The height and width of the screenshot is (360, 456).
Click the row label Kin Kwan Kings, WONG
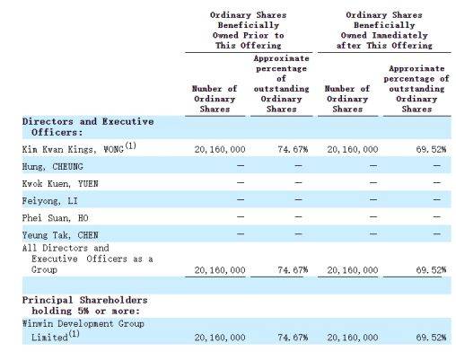(x=73, y=149)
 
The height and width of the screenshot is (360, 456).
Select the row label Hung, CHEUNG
(x=52, y=166)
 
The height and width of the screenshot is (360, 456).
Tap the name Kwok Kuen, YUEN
(x=60, y=183)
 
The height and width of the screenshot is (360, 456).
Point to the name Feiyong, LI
(x=50, y=201)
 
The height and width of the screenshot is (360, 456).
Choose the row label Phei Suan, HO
(x=55, y=218)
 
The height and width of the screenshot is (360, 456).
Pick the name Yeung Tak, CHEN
(x=60, y=235)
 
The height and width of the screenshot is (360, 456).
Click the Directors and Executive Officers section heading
(x=88, y=127)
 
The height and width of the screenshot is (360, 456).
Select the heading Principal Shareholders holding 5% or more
(x=85, y=305)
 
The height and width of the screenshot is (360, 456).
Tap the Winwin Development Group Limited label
(x=83, y=330)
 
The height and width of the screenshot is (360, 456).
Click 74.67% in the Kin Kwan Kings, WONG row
(x=293, y=149)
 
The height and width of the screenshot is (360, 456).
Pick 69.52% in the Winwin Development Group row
(x=431, y=338)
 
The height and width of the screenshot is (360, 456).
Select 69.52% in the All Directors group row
(x=431, y=270)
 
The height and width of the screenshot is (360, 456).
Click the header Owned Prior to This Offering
(x=249, y=40)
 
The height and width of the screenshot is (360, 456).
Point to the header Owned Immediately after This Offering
(x=384, y=40)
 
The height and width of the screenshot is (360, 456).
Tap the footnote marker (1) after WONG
(x=130, y=145)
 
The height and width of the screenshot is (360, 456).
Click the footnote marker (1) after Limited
(x=74, y=333)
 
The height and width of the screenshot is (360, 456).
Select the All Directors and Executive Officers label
(x=87, y=259)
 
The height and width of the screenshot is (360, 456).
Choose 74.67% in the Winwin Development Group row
(x=293, y=338)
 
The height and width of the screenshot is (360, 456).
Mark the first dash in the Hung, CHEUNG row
(x=241, y=165)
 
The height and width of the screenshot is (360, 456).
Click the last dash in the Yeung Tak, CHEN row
(x=437, y=233)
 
